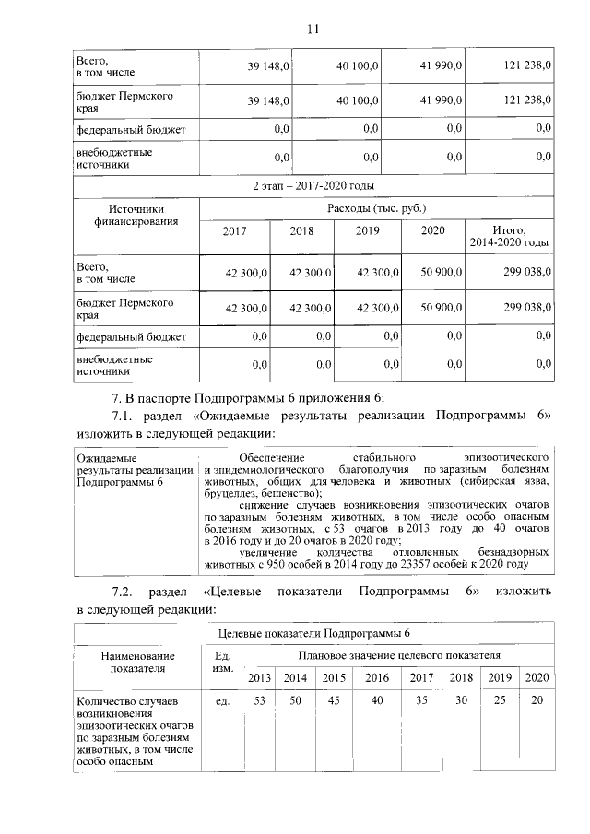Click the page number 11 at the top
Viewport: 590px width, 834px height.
pos(312,29)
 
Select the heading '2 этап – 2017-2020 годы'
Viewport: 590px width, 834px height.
pos(313,187)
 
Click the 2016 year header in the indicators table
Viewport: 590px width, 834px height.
pos(376,677)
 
